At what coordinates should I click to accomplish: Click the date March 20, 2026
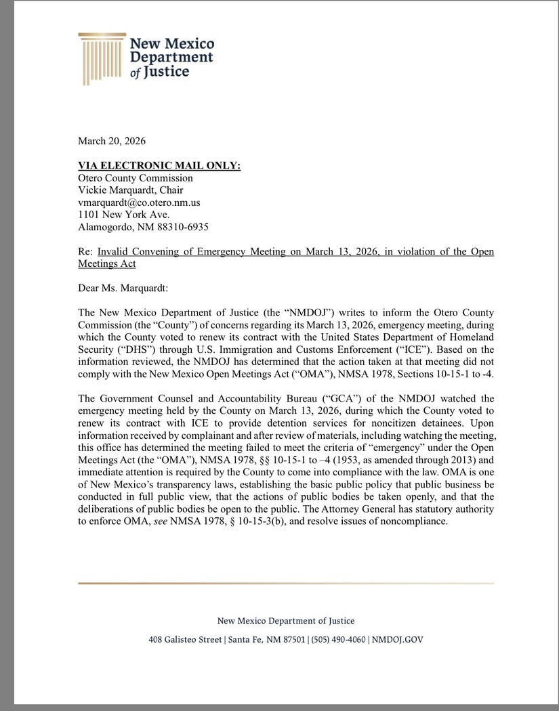click(112, 141)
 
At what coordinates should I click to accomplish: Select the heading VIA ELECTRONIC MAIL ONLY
click(159, 166)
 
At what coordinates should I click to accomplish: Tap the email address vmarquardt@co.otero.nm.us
click(139, 202)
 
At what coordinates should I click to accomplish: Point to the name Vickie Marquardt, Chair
click(131, 190)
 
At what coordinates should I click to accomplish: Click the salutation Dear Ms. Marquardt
click(123, 288)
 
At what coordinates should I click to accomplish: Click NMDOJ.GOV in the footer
click(398, 639)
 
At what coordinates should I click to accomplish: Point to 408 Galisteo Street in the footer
click(186, 639)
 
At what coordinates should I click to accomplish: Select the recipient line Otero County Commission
click(136, 178)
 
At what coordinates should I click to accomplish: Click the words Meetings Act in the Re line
click(107, 263)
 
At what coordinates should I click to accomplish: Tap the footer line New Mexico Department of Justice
click(285, 621)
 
